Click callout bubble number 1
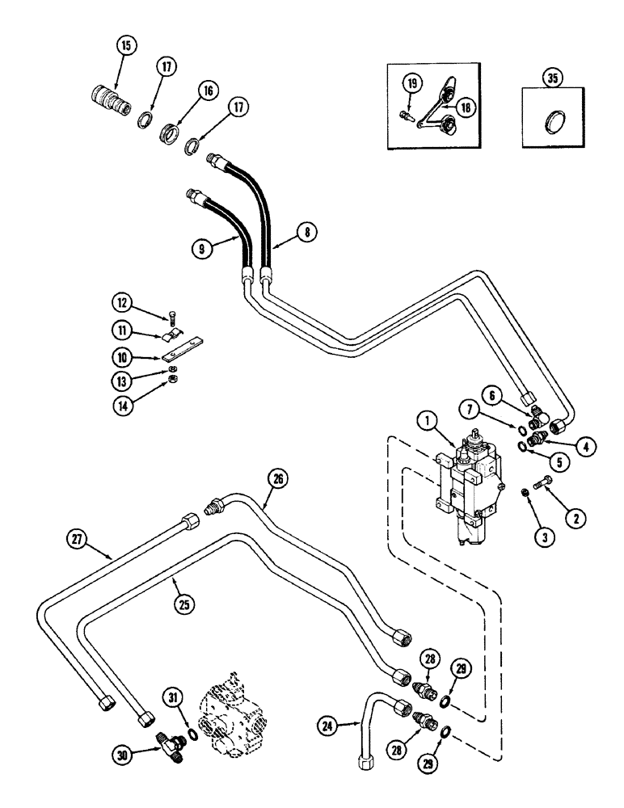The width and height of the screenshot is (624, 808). tap(427, 420)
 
